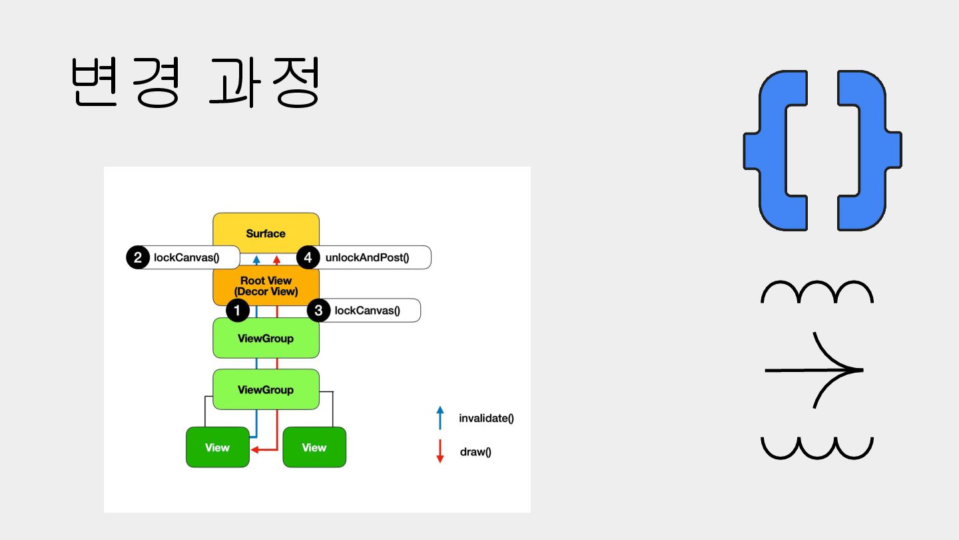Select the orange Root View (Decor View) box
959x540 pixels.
[x=266, y=286]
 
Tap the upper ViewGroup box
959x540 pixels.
[x=266, y=338]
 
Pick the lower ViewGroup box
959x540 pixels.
[x=266, y=389]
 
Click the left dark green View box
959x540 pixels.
[x=217, y=447]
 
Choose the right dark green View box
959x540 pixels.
[x=314, y=447]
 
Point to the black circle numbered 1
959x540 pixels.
[x=238, y=310]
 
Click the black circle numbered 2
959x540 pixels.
[x=138, y=257]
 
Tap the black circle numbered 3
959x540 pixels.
[x=319, y=310]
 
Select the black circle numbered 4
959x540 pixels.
[x=307, y=257]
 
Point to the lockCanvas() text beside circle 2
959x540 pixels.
[x=186, y=257]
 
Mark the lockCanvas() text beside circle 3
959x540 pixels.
[x=367, y=310]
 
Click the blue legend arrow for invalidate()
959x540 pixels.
[x=440, y=417]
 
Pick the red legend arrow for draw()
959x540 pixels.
[x=440, y=451]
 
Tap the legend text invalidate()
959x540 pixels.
[x=486, y=419]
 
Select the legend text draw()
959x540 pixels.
[x=476, y=452]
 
